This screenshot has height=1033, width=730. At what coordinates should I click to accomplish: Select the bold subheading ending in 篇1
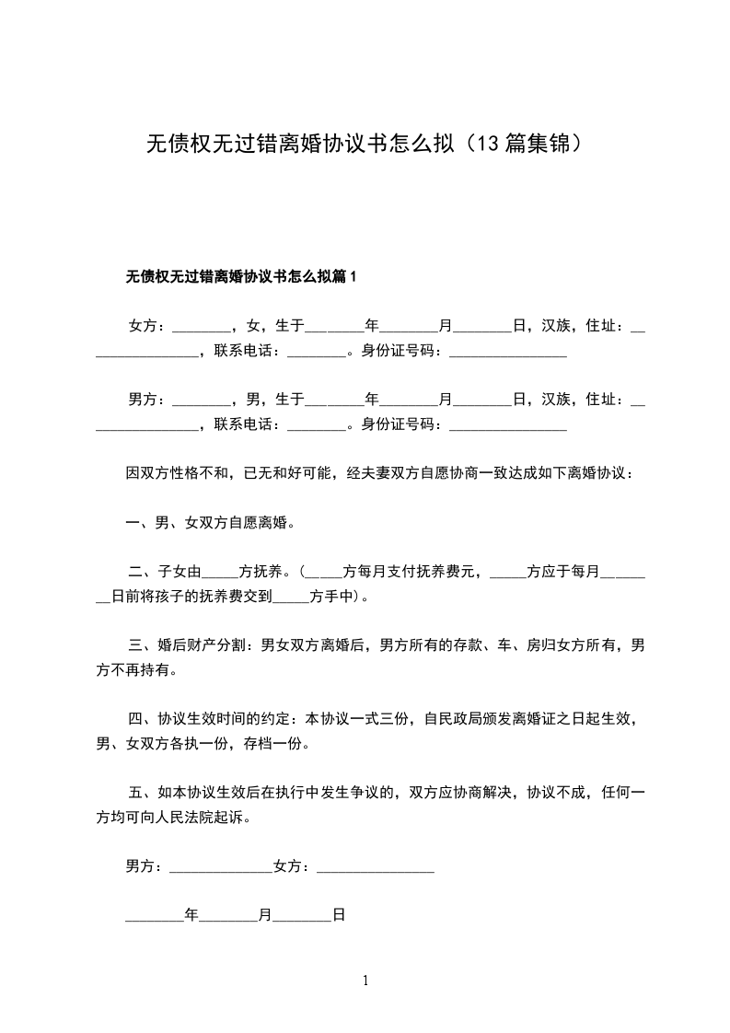240,276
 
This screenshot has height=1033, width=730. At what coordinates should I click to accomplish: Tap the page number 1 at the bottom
365,981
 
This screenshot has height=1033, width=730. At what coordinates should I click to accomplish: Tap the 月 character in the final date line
265,915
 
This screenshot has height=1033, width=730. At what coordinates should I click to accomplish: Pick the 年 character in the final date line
191,915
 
